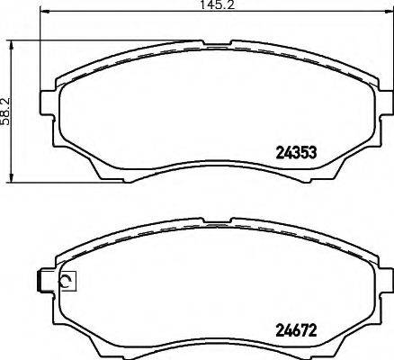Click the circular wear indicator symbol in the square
[x=67, y=283]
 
